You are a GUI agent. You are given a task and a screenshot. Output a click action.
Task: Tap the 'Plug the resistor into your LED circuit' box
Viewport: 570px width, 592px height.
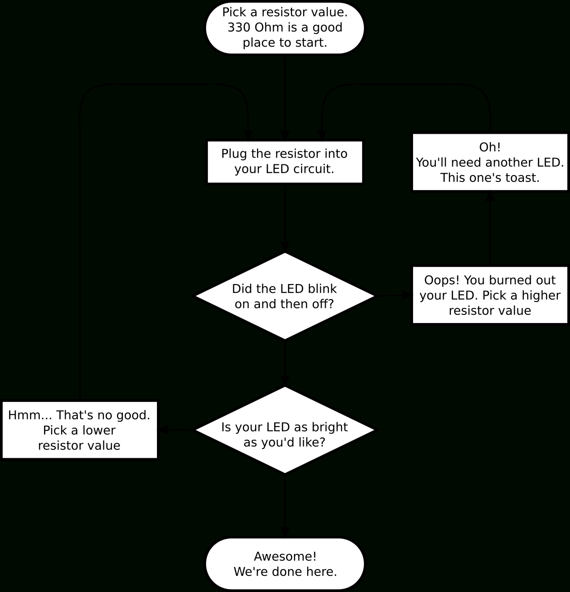(x=285, y=162)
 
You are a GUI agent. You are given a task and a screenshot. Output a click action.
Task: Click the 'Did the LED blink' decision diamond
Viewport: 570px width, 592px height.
(x=285, y=296)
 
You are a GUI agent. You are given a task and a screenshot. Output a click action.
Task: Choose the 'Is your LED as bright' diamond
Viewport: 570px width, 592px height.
(x=285, y=430)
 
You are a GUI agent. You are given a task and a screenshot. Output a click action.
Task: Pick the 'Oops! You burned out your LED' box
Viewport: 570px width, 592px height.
(x=490, y=295)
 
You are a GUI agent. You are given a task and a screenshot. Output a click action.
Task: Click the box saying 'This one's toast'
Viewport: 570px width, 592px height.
(x=490, y=162)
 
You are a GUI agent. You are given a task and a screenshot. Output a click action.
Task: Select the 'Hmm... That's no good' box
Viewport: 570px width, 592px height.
(x=80, y=430)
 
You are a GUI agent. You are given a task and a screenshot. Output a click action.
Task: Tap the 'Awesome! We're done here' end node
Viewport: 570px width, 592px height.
(x=285, y=564)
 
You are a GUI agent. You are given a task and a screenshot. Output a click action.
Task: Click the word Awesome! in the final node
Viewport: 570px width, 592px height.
(x=285, y=556)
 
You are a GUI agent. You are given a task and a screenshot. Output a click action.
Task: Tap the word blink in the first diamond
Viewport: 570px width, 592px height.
(x=322, y=288)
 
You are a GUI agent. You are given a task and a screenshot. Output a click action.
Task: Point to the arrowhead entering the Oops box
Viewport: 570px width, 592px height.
(x=407, y=295)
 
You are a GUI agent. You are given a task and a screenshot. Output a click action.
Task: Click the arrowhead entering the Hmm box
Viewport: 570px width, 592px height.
(x=163, y=430)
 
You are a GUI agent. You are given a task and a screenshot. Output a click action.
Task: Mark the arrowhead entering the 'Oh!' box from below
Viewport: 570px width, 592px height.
(x=490, y=196)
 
